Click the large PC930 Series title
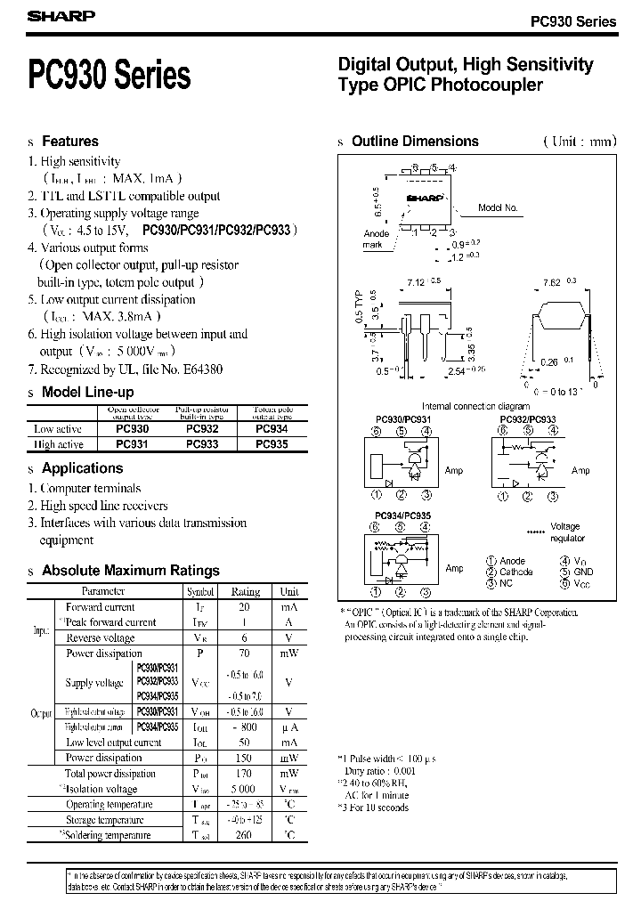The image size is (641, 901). click(x=110, y=77)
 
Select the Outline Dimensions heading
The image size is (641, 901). click(x=415, y=142)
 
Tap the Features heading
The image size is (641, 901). click(x=70, y=142)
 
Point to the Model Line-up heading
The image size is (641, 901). click(x=88, y=393)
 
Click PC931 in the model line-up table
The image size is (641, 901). click(x=133, y=444)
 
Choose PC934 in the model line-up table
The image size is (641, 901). click(x=272, y=428)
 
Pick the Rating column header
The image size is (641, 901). click(x=246, y=591)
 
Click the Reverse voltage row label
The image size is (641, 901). click(x=101, y=638)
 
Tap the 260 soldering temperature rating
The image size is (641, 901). click(x=243, y=835)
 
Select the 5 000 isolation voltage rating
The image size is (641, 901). click(x=242, y=789)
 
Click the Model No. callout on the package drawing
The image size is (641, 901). click(x=498, y=207)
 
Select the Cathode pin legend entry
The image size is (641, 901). click(x=515, y=572)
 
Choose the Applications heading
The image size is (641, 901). click(x=82, y=468)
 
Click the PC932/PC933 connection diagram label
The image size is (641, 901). click(x=528, y=418)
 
